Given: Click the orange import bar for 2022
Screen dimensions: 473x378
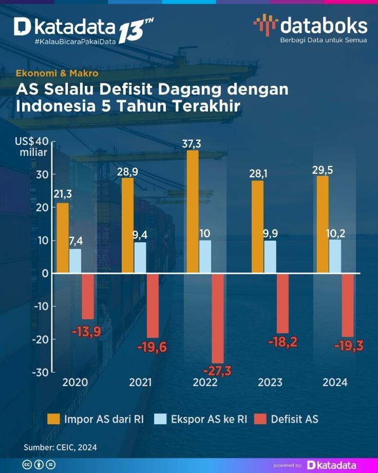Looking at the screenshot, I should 193,211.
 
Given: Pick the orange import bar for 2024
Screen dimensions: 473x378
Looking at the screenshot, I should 323,225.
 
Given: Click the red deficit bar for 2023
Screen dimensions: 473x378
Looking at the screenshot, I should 283,303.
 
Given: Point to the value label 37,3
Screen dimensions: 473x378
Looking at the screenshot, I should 192,144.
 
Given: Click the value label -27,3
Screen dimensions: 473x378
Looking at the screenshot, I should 217,371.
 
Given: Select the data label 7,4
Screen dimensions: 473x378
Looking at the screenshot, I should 75,242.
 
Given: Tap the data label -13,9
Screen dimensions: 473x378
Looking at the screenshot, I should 86,332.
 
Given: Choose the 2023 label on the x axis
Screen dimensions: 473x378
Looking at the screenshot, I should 270,383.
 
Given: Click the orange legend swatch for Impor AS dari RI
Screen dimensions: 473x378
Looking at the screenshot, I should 53,419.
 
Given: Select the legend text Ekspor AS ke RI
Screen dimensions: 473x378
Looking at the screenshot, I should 209,419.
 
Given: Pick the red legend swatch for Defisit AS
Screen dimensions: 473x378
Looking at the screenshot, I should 261,419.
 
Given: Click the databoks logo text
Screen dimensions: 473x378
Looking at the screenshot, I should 324,26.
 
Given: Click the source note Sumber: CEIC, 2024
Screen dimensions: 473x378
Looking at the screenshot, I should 60,447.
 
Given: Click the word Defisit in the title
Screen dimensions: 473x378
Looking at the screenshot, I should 126,89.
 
